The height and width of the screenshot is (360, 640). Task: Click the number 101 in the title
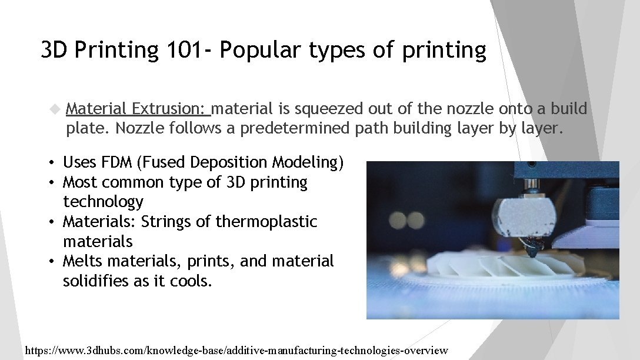[182, 50]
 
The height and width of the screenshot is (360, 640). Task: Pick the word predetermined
[288, 128]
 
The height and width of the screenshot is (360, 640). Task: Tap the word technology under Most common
[103, 202]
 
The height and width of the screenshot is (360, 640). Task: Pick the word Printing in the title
[117, 50]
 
